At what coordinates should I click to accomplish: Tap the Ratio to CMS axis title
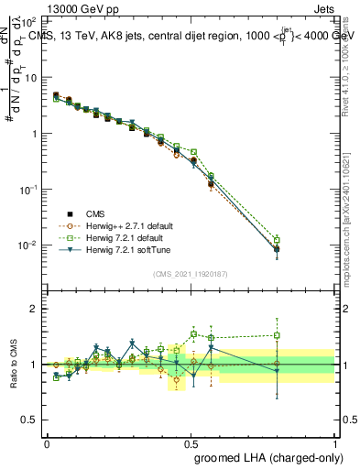(x=13, y=365)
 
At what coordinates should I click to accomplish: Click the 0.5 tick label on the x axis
(x=191, y=442)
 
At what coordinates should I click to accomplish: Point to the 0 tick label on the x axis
(x=47, y=442)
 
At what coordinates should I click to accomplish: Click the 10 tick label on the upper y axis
(x=31, y=78)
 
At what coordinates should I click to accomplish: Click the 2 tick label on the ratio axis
(x=34, y=309)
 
